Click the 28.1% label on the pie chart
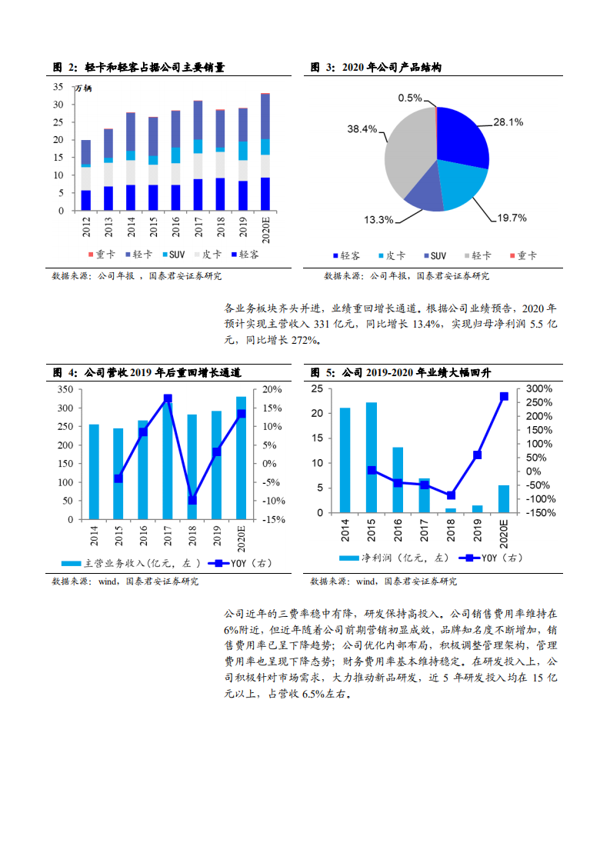pos(508,122)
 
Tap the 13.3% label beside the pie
pos(378,219)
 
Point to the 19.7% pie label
pos(512,218)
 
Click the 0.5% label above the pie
pos(410,98)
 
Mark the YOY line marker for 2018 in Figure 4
pos(192,500)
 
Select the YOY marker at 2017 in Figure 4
pos(168,398)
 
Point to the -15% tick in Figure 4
pos(274,519)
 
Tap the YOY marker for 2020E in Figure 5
pos(504,397)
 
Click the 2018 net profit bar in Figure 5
pos(451,510)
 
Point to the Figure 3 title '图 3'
pos(322,68)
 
